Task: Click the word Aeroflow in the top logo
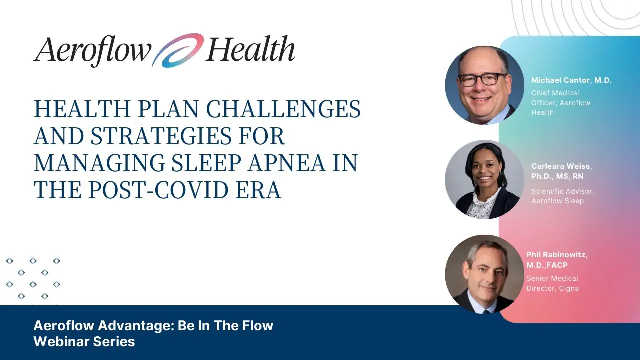point(92,51)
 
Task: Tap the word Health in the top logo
point(250,48)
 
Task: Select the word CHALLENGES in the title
point(283,109)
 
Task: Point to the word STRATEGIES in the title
point(161,136)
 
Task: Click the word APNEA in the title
point(286,163)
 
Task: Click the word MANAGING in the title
point(99,163)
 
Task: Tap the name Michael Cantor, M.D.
point(571,80)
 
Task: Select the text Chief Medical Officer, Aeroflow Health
point(561,103)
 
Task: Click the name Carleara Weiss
point(561,166)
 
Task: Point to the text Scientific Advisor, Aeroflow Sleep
point(562,196)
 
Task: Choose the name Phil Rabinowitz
point(557,255)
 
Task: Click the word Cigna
point(569,289)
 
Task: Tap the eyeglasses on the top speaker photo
point(483,79)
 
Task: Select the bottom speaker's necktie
point(486,311)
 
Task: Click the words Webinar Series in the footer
point(84,341)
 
